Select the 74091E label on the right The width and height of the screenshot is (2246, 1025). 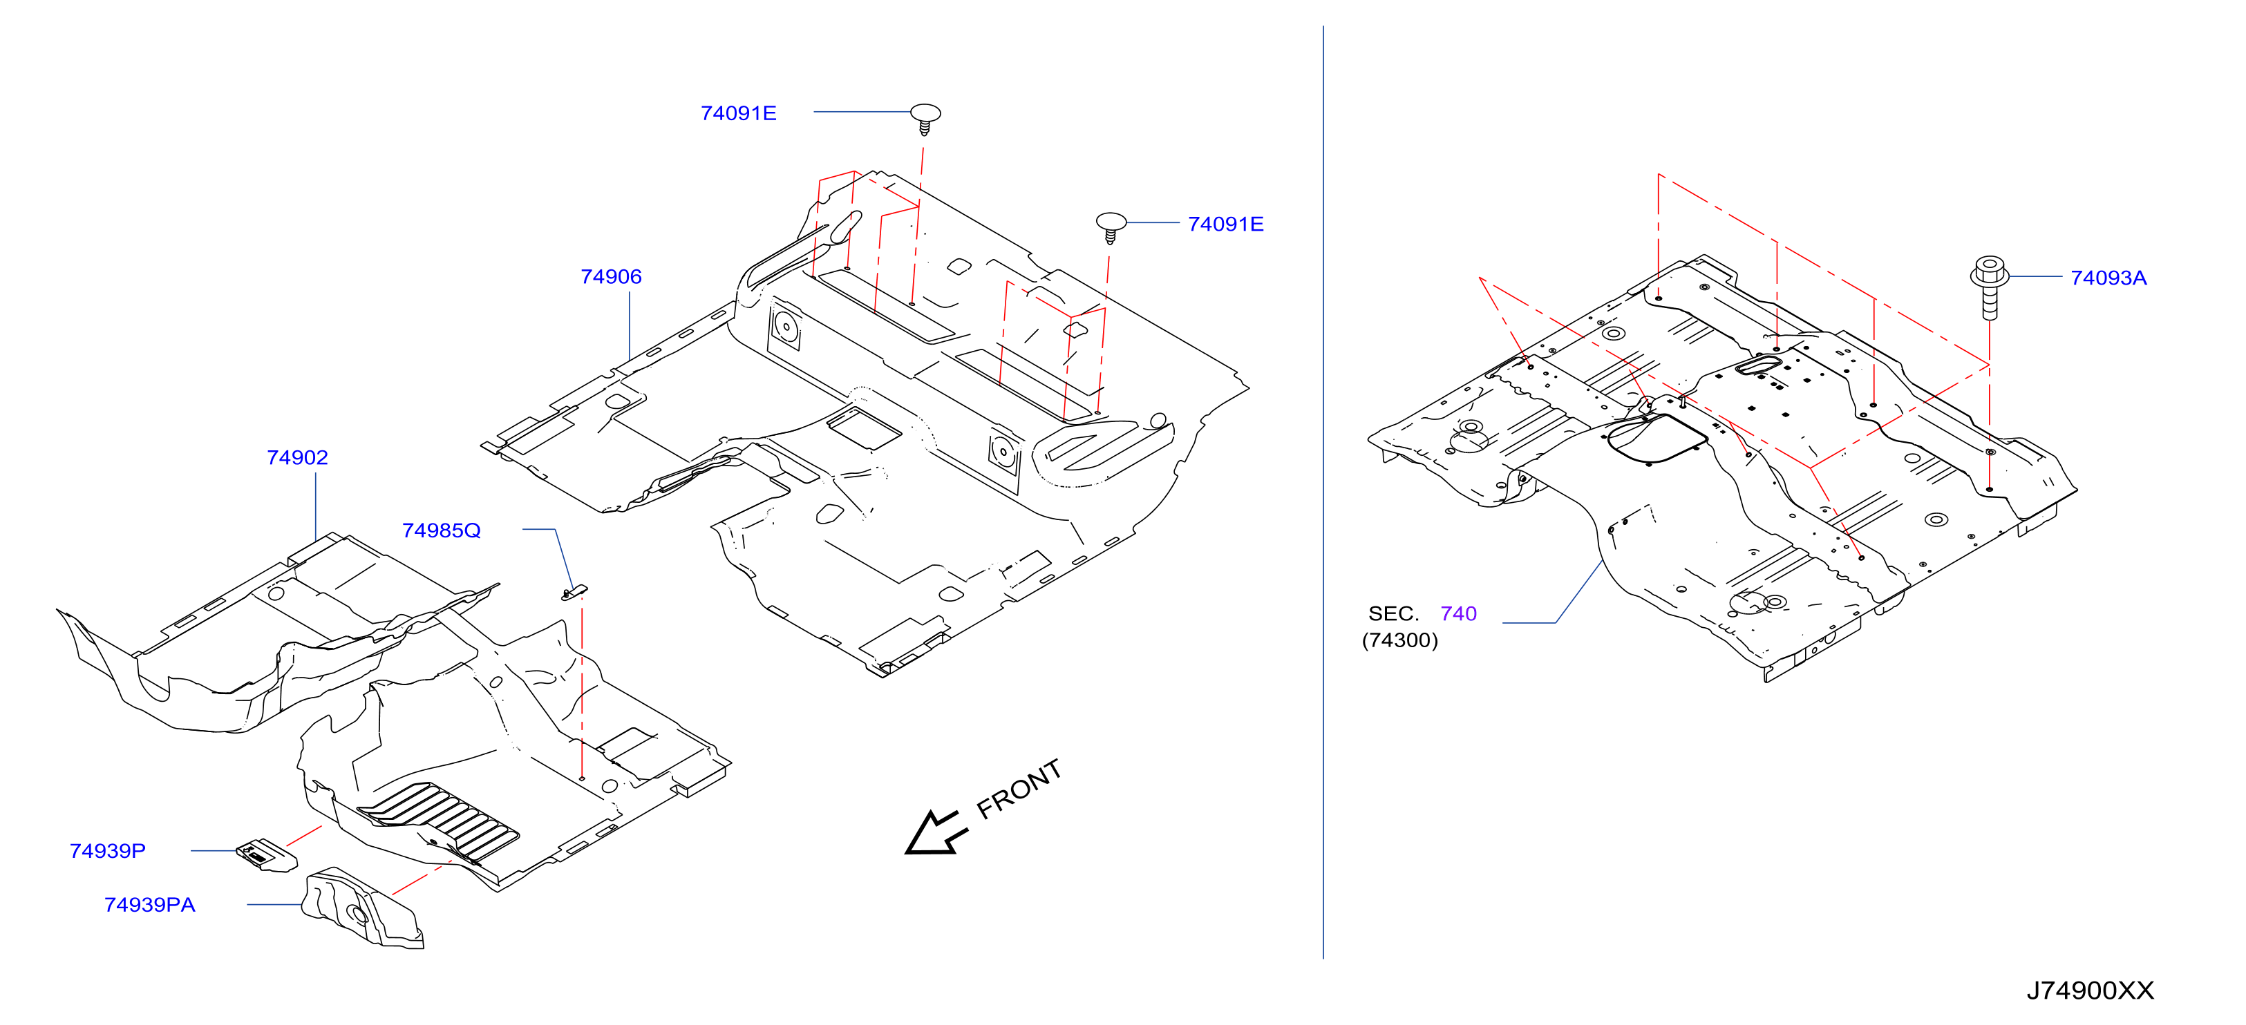point(1225,224)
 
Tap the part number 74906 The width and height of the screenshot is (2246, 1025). point(610,276)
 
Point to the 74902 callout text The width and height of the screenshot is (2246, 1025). point(296,457)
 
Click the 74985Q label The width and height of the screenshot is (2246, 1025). point(441,530)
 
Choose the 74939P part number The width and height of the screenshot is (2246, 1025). point(107,851)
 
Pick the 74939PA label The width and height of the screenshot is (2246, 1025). point(149,905)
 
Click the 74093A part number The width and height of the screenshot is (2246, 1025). point(2108,278)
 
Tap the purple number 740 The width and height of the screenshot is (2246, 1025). point(1459,613)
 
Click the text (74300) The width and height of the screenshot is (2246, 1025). point(1399,641)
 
